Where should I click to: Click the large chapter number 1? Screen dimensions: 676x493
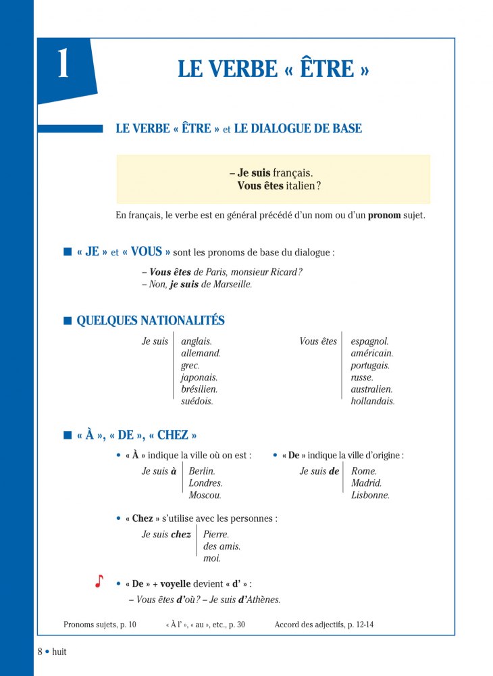(x=63, y=66)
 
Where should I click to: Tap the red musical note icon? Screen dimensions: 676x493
(x=99, y=581)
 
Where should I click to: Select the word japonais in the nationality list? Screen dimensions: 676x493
(x=199, y=378)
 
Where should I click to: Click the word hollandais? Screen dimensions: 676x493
(x=372, y=402)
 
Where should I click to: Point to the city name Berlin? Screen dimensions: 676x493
(x=202, y=471)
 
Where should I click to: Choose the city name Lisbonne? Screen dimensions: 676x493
(x=370, y=496)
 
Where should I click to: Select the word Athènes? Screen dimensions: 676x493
(x=259, y=600)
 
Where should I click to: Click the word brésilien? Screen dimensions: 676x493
(x=199, y=390)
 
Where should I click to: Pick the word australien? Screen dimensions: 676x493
(x=371, y=390)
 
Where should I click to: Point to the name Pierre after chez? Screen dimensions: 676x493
(x=216, y=534)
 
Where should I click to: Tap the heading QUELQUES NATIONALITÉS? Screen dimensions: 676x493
(x=151, y=321)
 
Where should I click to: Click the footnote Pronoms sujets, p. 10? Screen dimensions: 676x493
(x=99, y=625)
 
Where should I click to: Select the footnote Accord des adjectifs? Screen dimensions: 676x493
(x=323, y=625)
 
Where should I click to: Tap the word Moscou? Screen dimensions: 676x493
(x=205, y=496)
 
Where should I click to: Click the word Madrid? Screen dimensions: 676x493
(x=366, y=483)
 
